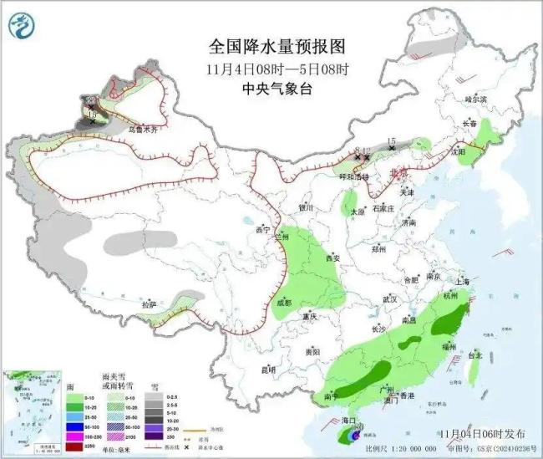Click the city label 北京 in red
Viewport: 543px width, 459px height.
pos(400,172)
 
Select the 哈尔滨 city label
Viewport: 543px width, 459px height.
pos(475,99)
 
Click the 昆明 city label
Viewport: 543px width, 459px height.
pos(266,369)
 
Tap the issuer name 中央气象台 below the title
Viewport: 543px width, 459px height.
pos(274,87)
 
